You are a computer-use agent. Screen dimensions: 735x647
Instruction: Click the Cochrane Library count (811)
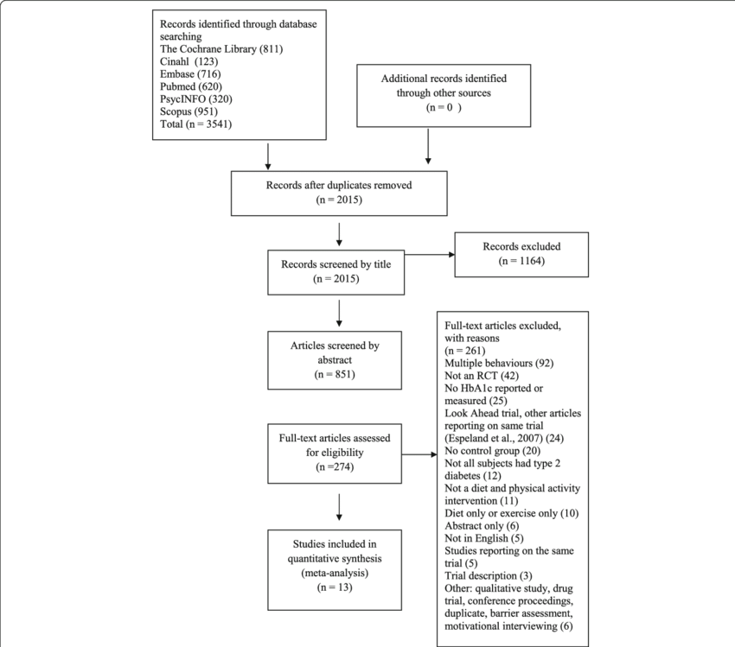(x=271, y=49)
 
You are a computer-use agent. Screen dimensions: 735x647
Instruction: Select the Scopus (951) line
(x=189, y=111)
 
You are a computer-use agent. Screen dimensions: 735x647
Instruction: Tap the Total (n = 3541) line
(x=196, y=124)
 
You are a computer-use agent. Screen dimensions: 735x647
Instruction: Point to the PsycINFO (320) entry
(x=196, y=98)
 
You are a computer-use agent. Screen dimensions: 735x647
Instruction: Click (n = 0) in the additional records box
(x=444, y=107)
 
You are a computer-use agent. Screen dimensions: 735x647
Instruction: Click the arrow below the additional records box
(x=428, y=147)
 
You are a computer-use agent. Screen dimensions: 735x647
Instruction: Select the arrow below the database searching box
(x=268, y=156)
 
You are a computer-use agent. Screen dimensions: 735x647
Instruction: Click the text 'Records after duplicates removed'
(x=339, y=185)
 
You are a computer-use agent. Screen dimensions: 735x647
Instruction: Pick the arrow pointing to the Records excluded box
(x=430, y=255)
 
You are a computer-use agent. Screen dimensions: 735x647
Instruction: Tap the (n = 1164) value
(x=521, y=261)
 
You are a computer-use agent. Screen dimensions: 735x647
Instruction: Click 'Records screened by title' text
(x=336, y=264)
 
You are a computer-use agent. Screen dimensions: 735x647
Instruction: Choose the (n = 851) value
(x=335, y=374)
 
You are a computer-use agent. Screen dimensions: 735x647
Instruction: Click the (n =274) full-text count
(x=335, y=466)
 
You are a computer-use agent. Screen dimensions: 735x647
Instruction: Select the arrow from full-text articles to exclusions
(x=419, y=454)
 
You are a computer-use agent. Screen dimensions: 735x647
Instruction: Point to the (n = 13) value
(x=335, y=587)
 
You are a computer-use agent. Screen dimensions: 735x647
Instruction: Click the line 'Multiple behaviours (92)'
(x=499, y=364)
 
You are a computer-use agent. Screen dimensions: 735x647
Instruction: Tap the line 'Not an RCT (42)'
(x=482, y=376)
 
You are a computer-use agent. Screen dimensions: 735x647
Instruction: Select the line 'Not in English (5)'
(x=483, y=538)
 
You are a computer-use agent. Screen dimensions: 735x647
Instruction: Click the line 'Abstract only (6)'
(x=482, y=526)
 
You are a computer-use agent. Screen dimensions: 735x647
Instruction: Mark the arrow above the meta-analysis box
(x=339, y=507)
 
